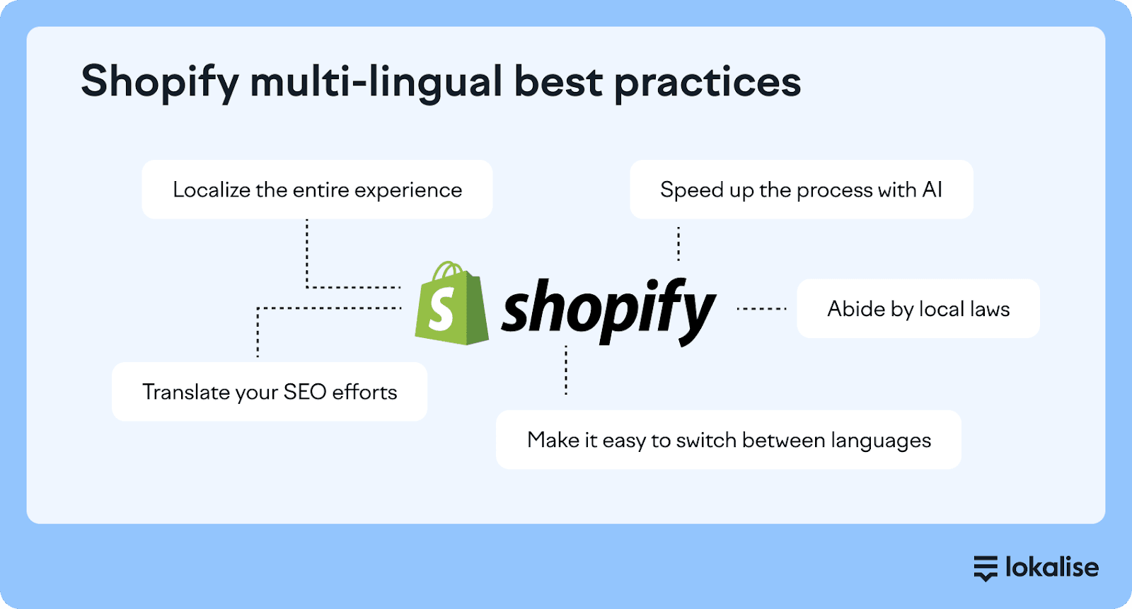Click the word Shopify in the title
click(160, 83)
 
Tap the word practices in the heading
click(707, 83)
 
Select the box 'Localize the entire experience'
click(318, 190)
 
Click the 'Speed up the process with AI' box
click(802, 190)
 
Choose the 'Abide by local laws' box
click(918, 308)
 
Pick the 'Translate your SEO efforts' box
click(270, 392)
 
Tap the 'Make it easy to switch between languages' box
click(729, 440)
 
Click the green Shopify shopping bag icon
click(451, 303)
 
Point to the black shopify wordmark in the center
click(608, 311)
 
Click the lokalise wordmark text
click(1052, 567)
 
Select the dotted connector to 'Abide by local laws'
click(761, 308)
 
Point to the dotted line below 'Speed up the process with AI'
click(678, 243)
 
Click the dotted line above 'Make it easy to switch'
click(566, 370)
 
